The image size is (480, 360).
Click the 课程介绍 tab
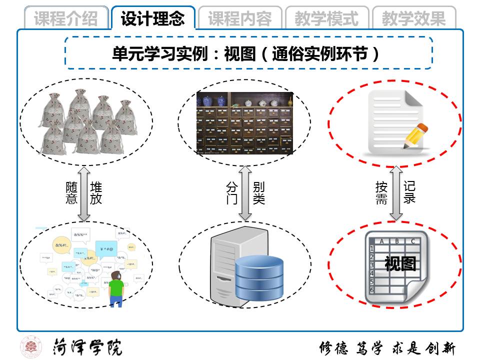tap(66, 18)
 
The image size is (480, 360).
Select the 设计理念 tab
tap(153, 18)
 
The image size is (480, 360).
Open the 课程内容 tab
tap(240, 18)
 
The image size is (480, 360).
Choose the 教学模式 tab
tap(327, 18)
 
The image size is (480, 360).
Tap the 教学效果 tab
tap(414, 18)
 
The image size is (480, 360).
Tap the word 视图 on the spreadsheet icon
tap(400, 263)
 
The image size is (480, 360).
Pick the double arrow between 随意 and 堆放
tap(84, 193)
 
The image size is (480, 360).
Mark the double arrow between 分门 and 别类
tap(245, 193)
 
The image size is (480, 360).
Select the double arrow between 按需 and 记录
tap(396, 193)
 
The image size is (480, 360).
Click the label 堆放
tap(96, 193)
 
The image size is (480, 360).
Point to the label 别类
tap(258, 193)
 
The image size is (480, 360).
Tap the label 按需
tap(381, 193)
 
